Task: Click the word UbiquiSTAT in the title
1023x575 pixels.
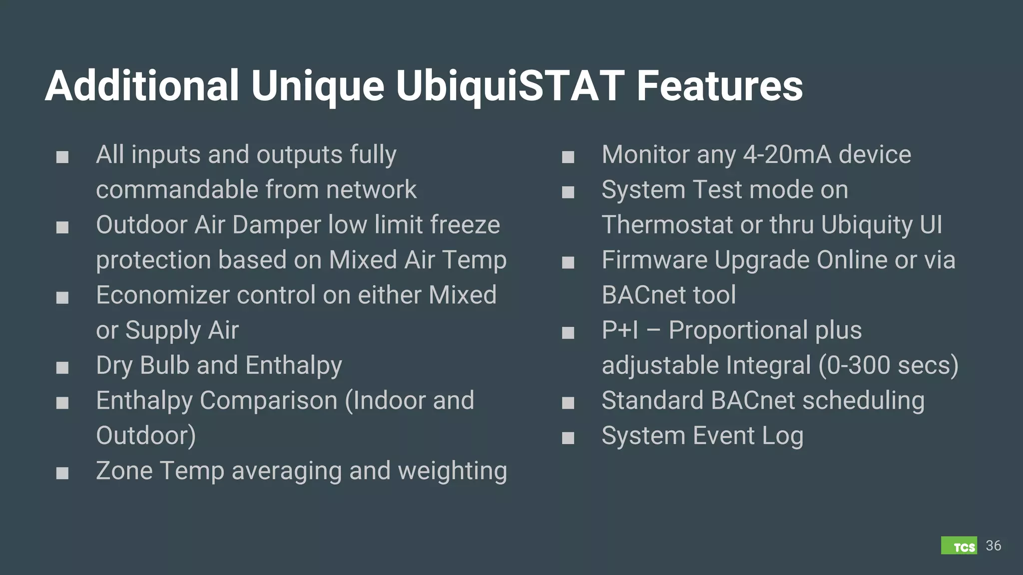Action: point(510,86)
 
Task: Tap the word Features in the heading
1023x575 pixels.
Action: point(719,86)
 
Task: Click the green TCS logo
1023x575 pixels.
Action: point(959,546)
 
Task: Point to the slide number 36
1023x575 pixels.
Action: point(994,546)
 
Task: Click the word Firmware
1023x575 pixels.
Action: point(654,260)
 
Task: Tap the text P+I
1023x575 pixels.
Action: point(619,330)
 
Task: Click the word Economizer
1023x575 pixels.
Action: point(162,295)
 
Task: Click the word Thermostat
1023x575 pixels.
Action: point(667,225)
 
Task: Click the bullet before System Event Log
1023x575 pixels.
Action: point(568,438)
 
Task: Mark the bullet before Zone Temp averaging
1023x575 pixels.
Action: point(62,473)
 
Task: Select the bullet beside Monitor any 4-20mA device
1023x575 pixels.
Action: point(568,157)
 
